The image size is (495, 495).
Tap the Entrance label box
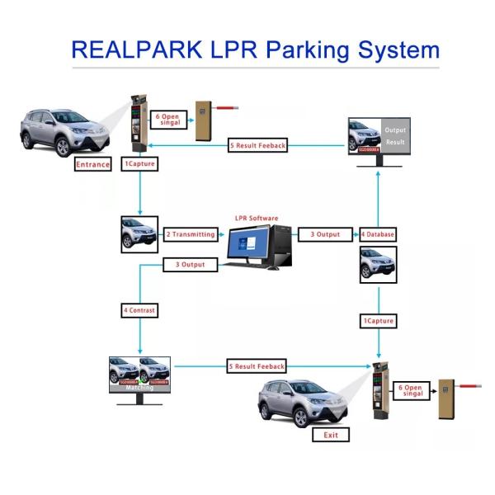(x=92, y=164)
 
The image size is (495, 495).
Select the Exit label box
(x=331, y=435)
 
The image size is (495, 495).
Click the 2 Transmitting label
(x=191, y=234)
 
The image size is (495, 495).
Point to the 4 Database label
(x=377, y=234)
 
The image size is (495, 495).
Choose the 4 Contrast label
(x=139, y=310)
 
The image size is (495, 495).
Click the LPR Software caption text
(x=255, y=219)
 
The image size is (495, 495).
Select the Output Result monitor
(x=379, y=137)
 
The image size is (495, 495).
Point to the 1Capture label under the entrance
(x=139, y=164)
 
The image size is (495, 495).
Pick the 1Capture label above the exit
(x=378, y=320)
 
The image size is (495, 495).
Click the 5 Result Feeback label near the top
(x=257, y=146)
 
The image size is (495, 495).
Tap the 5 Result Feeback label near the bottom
(x=257, y=365)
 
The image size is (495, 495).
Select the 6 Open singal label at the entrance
(x=168, y=119)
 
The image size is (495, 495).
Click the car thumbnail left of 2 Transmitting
(x=139, y=234)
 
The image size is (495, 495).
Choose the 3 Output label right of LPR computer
(x=324, y=234)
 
